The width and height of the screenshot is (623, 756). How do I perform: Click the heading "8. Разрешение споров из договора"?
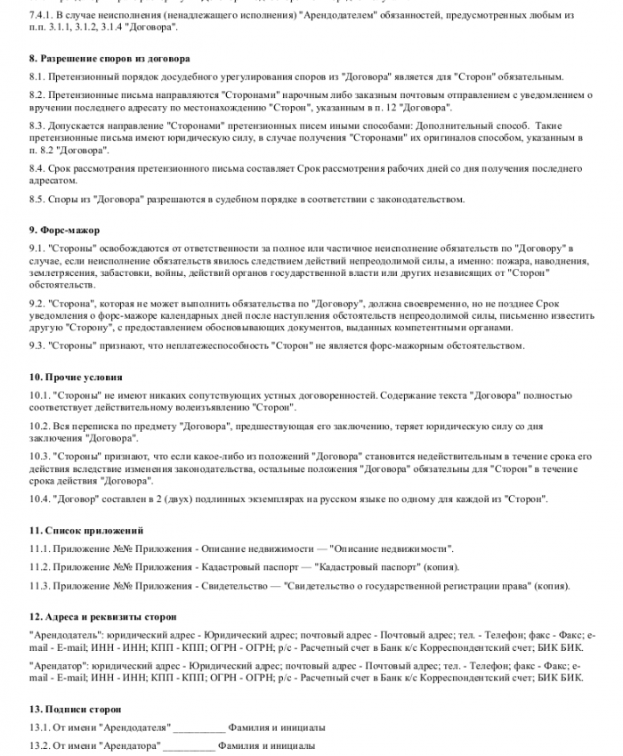pos(109,59)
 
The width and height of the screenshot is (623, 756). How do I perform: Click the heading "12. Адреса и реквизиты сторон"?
pos(102,616)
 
